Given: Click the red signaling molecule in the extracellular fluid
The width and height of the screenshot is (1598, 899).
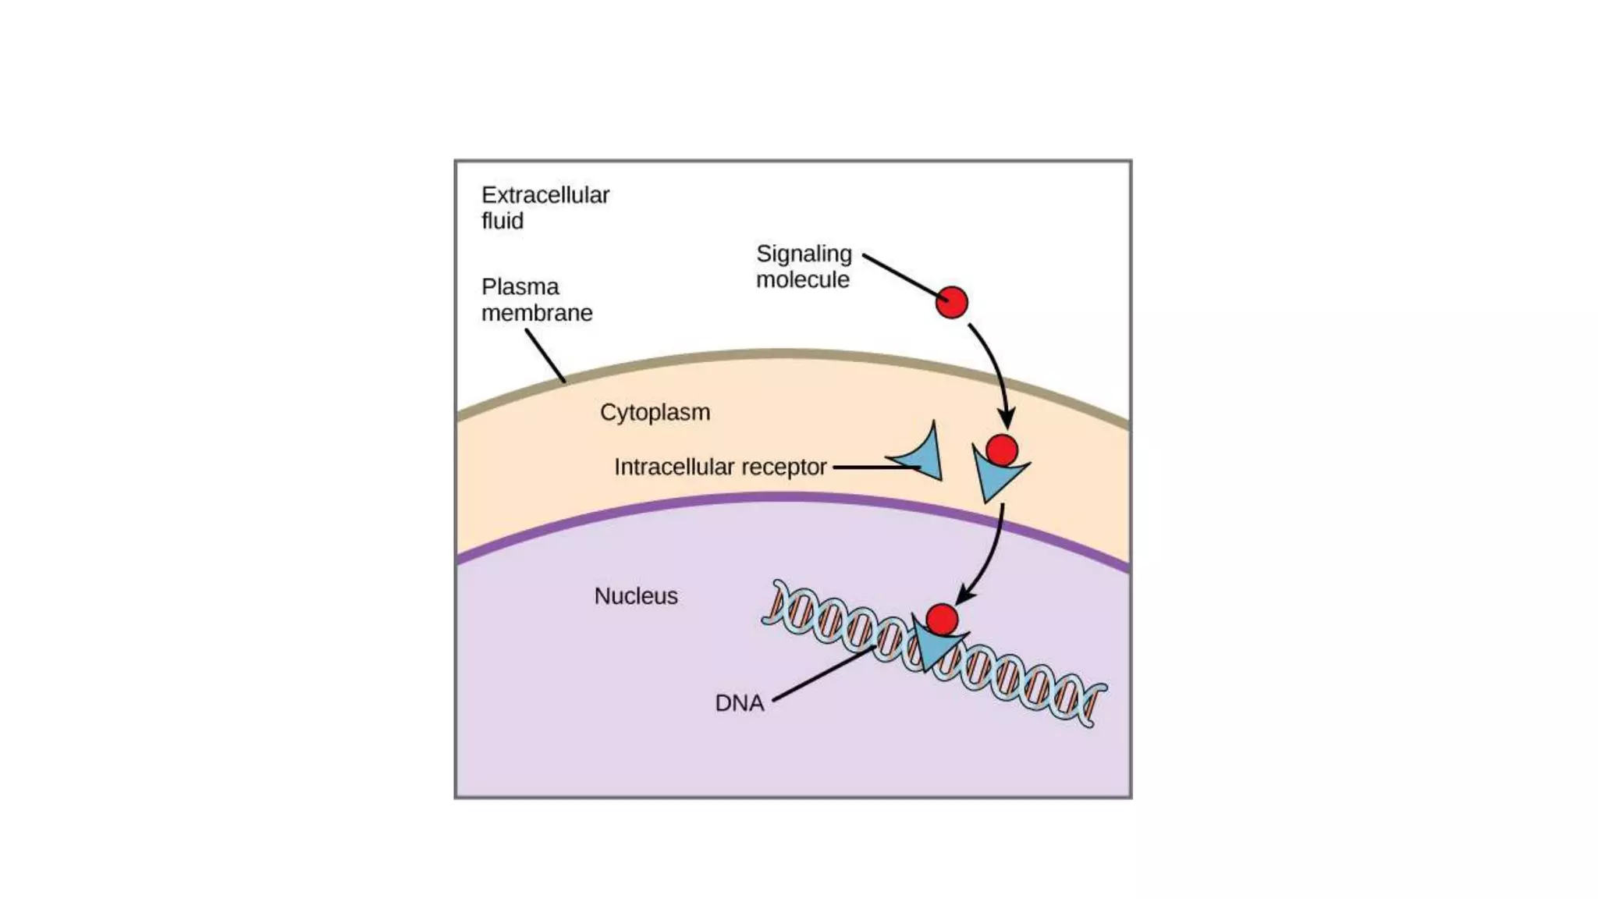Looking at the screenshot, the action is click(x=951, y=302).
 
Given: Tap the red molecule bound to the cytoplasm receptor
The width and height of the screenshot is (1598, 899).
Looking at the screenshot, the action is click(x=1002, y=450).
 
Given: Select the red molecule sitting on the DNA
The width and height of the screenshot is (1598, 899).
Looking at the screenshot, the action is click(x=942, y=620).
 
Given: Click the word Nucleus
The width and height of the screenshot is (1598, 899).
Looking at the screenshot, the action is click(x=636, y=596).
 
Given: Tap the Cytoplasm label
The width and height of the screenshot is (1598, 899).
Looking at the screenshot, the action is click(x=655, y=412).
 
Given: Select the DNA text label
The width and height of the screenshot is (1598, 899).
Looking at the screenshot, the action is click(x=739, y=703).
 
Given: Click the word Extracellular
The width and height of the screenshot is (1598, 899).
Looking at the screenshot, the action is click(x=545, y=195).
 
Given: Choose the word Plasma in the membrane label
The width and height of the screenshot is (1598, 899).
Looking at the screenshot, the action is click(x=520, y=287).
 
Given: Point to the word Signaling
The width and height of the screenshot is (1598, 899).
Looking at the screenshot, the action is click(x=804, y=254).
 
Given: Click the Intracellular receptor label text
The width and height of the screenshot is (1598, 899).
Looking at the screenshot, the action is click(x=719, y=467).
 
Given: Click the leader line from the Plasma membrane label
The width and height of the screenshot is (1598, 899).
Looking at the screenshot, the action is click(x=545, y=356).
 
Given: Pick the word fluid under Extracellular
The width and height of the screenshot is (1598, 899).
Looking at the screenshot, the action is click(x=502, y=221).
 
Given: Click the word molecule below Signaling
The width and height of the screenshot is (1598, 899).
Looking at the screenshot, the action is click(x=802, y=279).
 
